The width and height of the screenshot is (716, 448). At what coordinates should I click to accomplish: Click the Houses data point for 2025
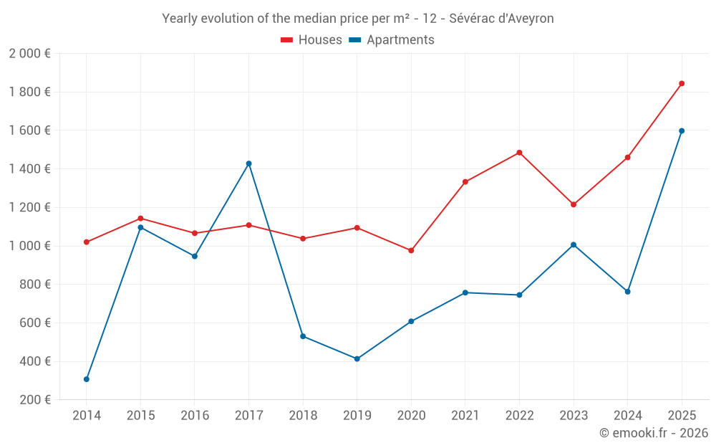682,84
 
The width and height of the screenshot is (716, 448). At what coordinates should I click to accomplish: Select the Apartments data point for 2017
248,163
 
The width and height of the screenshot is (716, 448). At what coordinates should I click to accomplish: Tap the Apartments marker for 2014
87,379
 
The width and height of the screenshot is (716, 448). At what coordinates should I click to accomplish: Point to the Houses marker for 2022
519,153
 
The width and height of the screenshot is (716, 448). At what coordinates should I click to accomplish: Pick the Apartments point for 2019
357,359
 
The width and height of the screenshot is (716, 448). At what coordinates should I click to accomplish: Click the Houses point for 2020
411,251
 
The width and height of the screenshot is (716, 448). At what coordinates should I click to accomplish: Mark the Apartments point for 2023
574,245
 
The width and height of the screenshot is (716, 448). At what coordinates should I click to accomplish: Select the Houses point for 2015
140,219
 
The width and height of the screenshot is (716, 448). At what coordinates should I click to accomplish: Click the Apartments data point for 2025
682,131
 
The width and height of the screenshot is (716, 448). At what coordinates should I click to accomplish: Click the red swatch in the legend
287,40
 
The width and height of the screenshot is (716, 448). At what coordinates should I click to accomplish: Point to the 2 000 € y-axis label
29,54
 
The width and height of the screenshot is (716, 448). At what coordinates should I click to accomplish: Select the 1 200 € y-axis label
29,207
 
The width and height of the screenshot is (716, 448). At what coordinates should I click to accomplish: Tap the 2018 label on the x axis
303,416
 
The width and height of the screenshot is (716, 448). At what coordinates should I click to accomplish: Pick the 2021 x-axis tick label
465,416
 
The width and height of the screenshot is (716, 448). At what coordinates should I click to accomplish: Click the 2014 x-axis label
87,416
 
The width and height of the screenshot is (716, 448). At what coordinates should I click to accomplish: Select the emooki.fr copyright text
653,433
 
